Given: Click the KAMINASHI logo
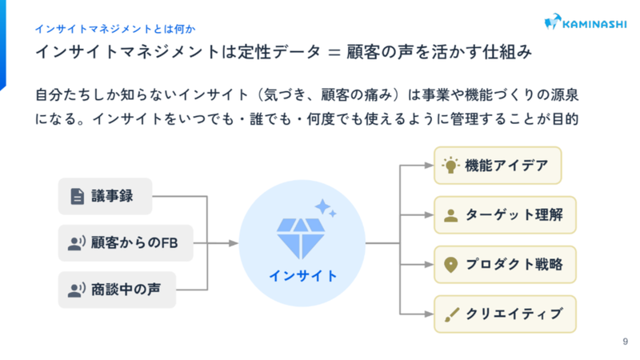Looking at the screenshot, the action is [586, 22].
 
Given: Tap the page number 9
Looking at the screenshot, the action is [625, 342].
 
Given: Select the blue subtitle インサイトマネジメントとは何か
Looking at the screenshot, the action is [115, 29].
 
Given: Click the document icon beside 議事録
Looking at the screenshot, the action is [77, 196].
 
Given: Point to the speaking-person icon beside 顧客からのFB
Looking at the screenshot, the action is [76, 243].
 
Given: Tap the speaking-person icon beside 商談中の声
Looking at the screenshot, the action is [76, 290].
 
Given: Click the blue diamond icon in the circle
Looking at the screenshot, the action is [301, 238].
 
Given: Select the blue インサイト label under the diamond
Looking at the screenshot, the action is [303, 276].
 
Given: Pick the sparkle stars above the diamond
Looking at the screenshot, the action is [326, 208].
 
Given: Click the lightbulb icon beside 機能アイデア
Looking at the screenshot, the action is [450, 166].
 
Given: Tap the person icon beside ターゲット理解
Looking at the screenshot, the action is [450, 215].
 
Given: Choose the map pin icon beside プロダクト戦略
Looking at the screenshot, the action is [450, 265].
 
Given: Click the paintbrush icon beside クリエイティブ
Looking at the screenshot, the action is [451, 314].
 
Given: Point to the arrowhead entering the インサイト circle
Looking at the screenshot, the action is [234, 243].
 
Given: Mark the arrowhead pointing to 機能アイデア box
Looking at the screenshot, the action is [429, 166].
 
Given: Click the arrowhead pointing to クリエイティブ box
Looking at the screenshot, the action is [429, 314].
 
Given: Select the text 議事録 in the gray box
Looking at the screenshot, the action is [112, 196].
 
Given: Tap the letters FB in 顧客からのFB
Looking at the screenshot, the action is [170, 243].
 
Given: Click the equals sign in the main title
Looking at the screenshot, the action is [334, 53].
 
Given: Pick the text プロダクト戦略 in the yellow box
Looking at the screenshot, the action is [514, 265].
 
